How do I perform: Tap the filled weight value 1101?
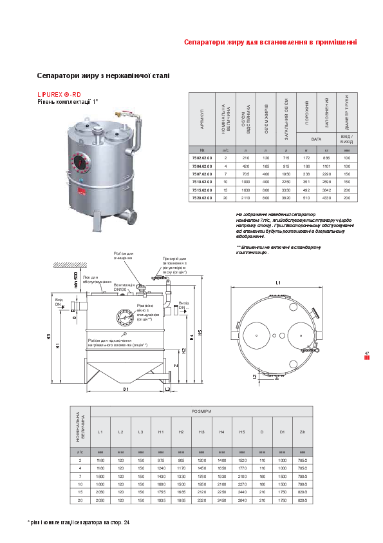tap(326, 166)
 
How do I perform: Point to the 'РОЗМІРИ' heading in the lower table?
tap(201, 411)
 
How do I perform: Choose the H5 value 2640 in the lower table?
tap(242, 500)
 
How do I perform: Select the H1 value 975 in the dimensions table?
tap(161, 460)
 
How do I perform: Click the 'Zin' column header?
tap(303, 431)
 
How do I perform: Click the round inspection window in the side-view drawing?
tap(125, 318)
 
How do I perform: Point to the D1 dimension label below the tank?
tap(126, 390)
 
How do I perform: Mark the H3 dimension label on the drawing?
tap(48, 336)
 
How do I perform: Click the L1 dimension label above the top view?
tap(279, 283)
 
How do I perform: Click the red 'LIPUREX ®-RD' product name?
tap(59, 94)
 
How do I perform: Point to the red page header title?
tap(270, 43)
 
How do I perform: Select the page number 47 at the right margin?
tap(366, 353)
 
